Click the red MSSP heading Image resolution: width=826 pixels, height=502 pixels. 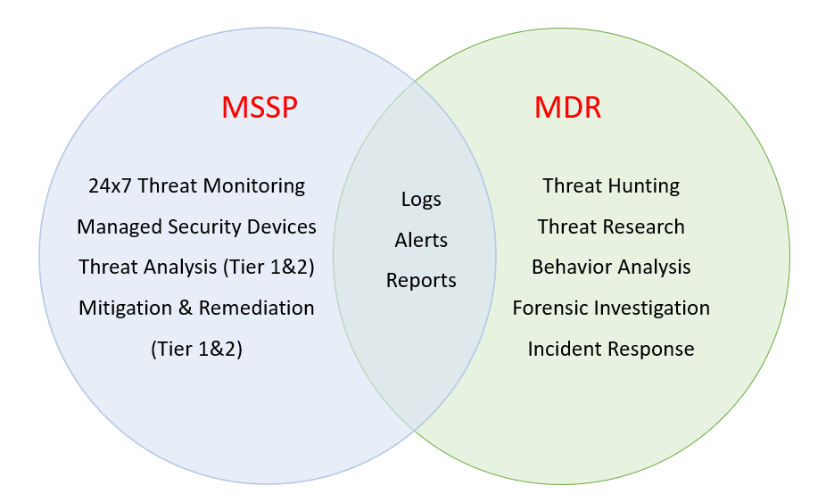(x=259, y=108)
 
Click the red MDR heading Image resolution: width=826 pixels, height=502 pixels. (x=567, y=108)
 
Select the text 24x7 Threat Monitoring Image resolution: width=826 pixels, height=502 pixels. (x=196, y=185)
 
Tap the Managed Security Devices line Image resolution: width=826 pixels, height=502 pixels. (x=196, y=226)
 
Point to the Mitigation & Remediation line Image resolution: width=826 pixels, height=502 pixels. (x=196, y=308)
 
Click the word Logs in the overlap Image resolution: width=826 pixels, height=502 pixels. (x=421, y=199)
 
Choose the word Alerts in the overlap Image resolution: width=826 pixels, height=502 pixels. (x=421, y=240)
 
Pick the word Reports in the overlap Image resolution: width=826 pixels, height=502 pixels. (x=421, y=280)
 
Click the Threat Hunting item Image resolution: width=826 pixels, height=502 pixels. (x=611, y=185)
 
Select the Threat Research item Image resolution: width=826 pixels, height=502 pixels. (x=611, y=226)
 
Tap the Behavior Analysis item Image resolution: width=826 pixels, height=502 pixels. (x=611, y=267)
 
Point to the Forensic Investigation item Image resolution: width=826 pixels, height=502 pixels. (x=611, y=308)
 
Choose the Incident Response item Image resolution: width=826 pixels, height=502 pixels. (x=611, y=349)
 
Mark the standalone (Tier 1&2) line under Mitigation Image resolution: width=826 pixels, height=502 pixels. (x=196, y=349)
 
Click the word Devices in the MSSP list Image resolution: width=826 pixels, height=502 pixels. (x=286, y=226)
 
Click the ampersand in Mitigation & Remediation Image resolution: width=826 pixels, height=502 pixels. (x=186, y=308)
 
